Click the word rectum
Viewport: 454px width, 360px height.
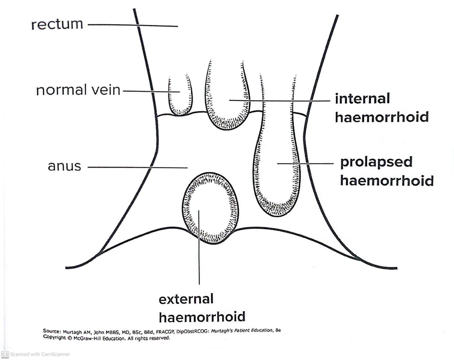coord(57,24)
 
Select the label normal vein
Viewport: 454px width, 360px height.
coord(78,90)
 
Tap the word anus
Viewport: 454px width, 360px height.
coord(64,166)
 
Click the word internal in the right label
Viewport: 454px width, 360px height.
coord(362,99)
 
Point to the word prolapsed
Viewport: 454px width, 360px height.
coord(376,162)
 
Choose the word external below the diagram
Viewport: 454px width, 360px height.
coord(186,299)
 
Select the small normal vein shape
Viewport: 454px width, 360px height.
coord(179,96)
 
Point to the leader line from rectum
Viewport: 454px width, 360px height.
coord(135,25)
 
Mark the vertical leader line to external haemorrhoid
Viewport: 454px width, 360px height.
coord(199,255)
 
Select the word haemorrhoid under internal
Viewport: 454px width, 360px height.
coord(382,117)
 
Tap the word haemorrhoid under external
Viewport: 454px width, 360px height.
coord(202,316)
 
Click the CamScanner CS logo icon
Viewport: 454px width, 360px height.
coord(5,354)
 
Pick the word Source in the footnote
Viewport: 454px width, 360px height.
coord(51,331)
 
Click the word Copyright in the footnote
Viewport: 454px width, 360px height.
coord(54,337)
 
